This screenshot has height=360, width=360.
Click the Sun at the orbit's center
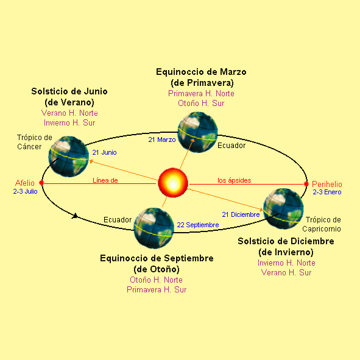click(x=173, y=183)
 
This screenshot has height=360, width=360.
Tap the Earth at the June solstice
click(x=68, y=157)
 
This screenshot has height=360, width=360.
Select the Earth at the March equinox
click(x=198, y=132)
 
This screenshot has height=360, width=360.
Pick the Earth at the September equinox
click(x=154, y=228)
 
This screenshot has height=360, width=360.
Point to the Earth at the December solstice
click(x=283, y=209)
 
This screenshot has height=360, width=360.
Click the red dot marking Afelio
click(x=41, y=183)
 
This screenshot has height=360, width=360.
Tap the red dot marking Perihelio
click(x=306, y=184)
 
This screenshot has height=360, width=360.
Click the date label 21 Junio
click(x=104, y=152)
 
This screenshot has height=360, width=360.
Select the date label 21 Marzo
click(x=162, y=139)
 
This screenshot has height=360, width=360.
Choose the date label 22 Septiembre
click(x=198, y=225)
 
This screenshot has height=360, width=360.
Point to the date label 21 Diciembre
click(x=241, y=214)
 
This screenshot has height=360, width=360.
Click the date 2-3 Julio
click(x=25, y=191)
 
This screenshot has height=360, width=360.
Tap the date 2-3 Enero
click(x=327, y=192)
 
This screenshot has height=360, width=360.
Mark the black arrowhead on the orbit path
click(x=74, y=216)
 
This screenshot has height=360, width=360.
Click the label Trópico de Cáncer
click(x=35, y=142)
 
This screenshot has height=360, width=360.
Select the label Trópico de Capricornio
click(x=322, y=224)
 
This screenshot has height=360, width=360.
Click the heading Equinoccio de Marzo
click(x=201, y=72)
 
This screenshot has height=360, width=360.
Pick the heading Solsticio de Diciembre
click(x=286, y=241)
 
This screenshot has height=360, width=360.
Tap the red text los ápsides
click(x=234, y=180)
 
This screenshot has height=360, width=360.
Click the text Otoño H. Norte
click(x=156, y=280)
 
